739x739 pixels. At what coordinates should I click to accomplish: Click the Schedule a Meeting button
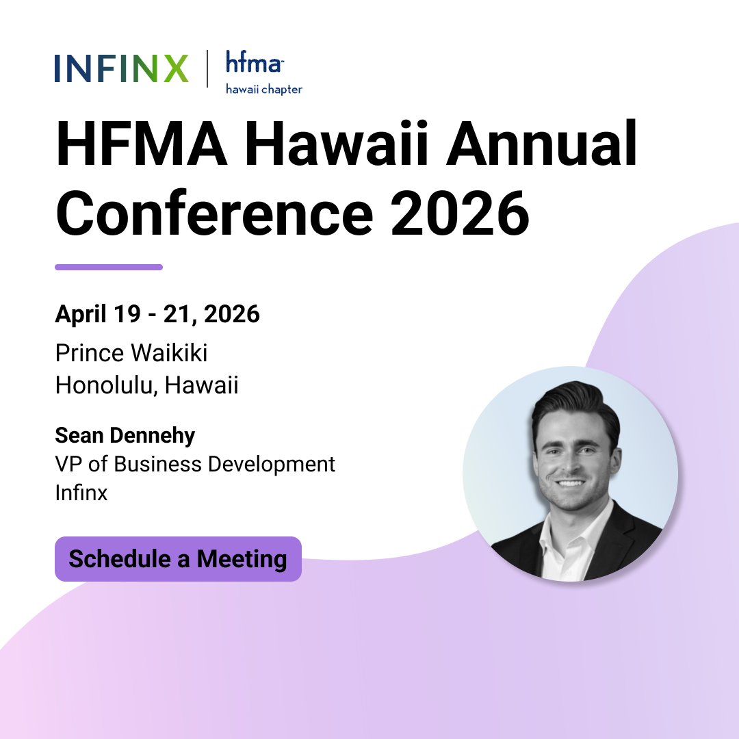(x=178, y=559)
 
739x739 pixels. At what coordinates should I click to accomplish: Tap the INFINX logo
(x=121, y=69)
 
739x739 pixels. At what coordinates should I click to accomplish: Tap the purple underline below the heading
(x=109, y=267)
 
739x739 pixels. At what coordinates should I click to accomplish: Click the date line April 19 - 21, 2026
(x=157, y=315)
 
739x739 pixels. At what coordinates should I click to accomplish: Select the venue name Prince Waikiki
(x=131, y=353)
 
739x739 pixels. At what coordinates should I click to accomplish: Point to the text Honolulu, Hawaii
(x=147, y=385)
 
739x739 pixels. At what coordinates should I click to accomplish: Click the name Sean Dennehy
(x=125, y=435)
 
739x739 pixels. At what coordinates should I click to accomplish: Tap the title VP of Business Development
(x=195, y=464)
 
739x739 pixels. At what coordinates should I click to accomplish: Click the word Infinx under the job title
(x=81, y=493)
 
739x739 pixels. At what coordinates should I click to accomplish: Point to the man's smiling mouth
(x=572, y=483)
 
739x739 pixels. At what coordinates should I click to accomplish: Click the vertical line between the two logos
(x=207, y=69)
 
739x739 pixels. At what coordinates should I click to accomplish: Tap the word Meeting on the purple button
(x=242, y=559)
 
